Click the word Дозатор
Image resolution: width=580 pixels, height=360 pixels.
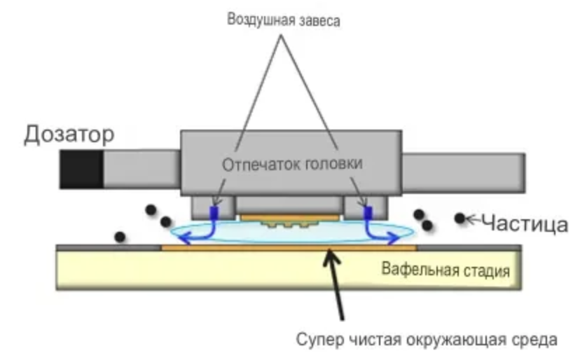tap(69, 134)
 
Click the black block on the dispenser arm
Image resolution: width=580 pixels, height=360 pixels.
tap(81, 169)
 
